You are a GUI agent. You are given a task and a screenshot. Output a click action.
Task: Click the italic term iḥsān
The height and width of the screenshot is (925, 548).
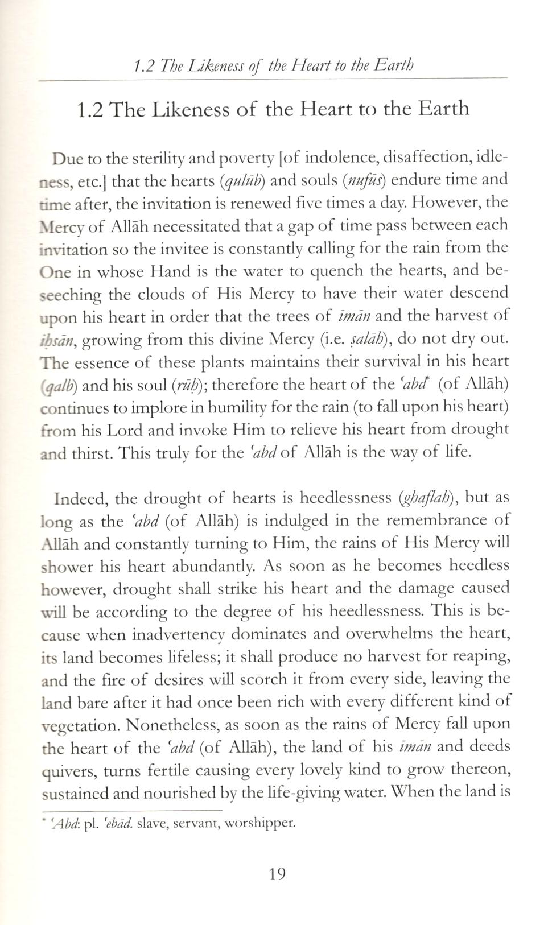[x=60, y=340]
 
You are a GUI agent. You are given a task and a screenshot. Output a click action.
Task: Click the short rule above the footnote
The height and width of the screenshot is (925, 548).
[x=131, y=810]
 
